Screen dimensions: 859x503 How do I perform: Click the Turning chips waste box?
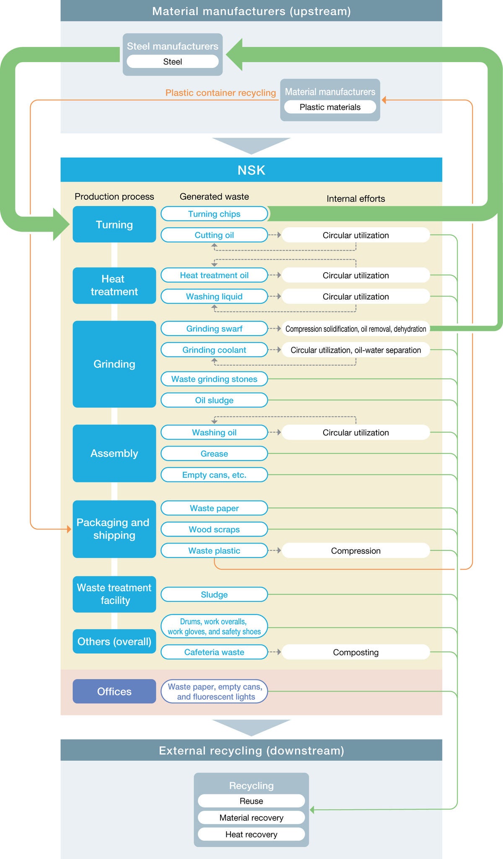click(214, 214)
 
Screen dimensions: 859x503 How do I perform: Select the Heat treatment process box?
click(114, 285)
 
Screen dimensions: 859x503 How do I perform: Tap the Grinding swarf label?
click(214, 329)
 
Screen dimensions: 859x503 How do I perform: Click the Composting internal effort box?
click(355, 652)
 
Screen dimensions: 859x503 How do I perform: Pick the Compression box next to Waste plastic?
click(355, 551)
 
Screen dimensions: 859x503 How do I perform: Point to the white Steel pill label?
click(172, 62)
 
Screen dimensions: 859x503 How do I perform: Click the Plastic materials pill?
click(330, 107)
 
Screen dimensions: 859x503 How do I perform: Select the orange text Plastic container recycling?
click(220, 93)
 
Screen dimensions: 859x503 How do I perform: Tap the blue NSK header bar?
click(251, 170)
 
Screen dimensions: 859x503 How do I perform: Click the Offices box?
click(114, 691)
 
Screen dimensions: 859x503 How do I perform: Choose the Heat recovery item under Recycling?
click(251, 834)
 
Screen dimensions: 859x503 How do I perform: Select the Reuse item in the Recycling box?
click(251, 801)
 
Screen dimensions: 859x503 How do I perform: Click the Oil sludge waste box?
click(214, 400)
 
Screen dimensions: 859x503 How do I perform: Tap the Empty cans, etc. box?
click(214, 475)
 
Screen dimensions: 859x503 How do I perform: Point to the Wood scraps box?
click(214, 529)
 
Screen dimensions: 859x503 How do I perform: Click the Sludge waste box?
click(214, 594)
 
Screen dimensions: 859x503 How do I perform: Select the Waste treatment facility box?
click(114, 594)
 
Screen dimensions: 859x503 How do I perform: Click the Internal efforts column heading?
click(355, 199)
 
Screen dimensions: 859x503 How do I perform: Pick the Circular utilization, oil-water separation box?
click(355, 350)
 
